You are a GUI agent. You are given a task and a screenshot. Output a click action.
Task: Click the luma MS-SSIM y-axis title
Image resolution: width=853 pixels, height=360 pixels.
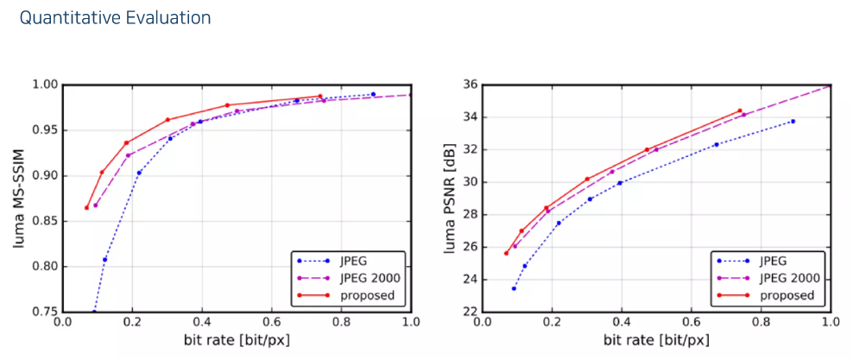tap(19, 198)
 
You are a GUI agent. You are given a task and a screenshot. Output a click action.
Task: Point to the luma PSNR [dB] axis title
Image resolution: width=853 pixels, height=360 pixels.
tap(450, 198)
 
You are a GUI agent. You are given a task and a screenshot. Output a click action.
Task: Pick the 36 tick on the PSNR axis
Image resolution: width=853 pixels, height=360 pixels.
tap(471, 85)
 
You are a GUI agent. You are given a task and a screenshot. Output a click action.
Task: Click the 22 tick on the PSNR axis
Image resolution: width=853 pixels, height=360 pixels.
tap(471, 312)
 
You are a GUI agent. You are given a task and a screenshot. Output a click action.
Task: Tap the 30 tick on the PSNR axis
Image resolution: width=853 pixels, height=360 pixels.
tap(471, 182)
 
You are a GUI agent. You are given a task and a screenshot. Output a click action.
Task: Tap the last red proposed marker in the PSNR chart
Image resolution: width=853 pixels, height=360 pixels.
tap(740, 111)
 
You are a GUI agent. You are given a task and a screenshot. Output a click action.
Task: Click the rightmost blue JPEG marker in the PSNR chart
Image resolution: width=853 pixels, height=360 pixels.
tap(793, 121)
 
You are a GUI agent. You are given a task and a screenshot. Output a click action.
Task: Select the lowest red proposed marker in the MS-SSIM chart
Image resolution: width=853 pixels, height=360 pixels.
tap(86, 207)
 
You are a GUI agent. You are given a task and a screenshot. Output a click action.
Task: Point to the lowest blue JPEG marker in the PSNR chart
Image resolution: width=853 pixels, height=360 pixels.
tap(514, 288)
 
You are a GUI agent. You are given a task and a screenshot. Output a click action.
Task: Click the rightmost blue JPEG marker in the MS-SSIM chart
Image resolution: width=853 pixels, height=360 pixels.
tap(373, 94)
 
